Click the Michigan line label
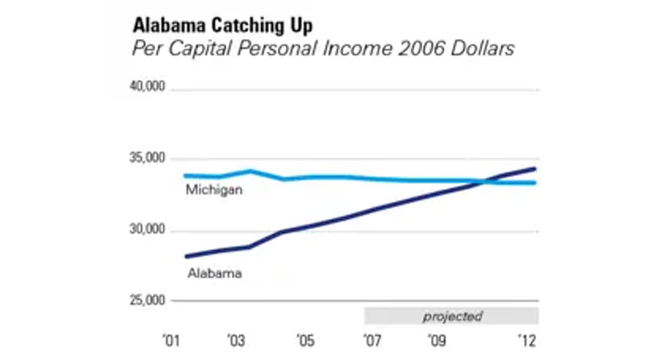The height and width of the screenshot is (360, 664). click(213, 190)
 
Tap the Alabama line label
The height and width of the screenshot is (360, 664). click(215, 273)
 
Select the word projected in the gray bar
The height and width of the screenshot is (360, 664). click(452, 316)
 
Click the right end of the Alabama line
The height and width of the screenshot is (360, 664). click(534, 169)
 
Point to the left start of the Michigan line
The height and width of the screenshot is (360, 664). click(186, 176)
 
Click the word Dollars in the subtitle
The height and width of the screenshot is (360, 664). click(482, 49)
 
